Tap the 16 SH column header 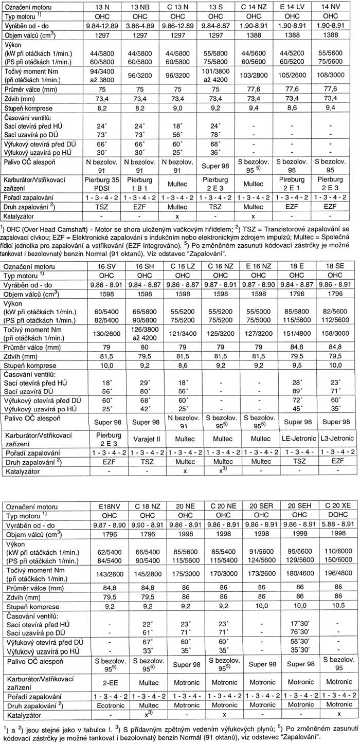(141, 267)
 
